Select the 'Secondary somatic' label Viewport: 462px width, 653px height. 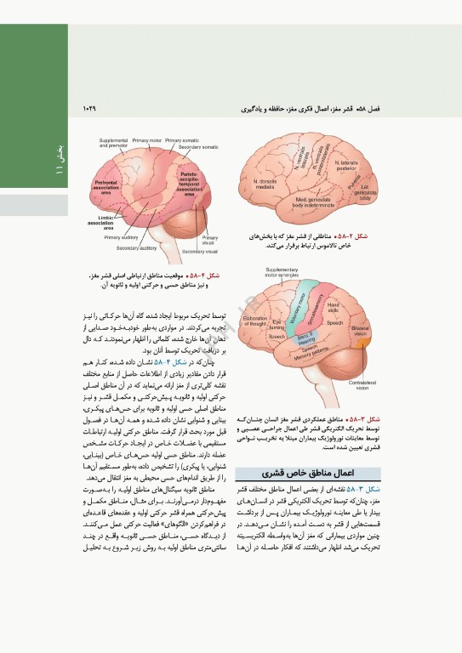[198, 147]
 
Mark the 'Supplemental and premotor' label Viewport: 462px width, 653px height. [113, 142]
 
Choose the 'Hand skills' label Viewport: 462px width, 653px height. [334, 307]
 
